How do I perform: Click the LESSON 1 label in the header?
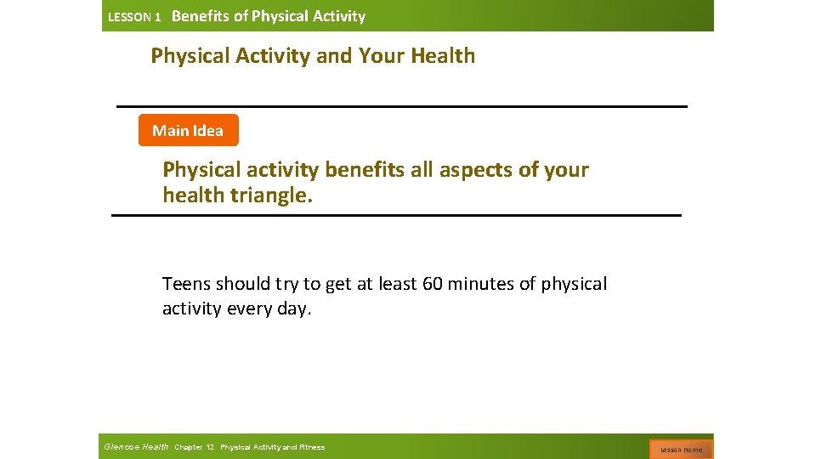pyautogui.click(x=134, y=17)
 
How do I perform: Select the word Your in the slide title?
pyautogui.click(x=382, y=56)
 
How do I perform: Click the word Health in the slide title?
pyautogui.click(x=443, y=56)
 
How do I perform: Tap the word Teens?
pyautogui.click(x=186, y=283)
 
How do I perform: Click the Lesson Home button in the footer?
pyautogui.click(x=681, y=449)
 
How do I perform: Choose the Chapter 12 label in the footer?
pyautogui.click(x=195, y=447)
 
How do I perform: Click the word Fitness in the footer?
pyautogui.click(x=311, y=447)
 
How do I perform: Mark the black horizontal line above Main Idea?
pyautogui.click(x=401, y=106)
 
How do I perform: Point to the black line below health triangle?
pyautogui.click(x=396, y=216)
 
